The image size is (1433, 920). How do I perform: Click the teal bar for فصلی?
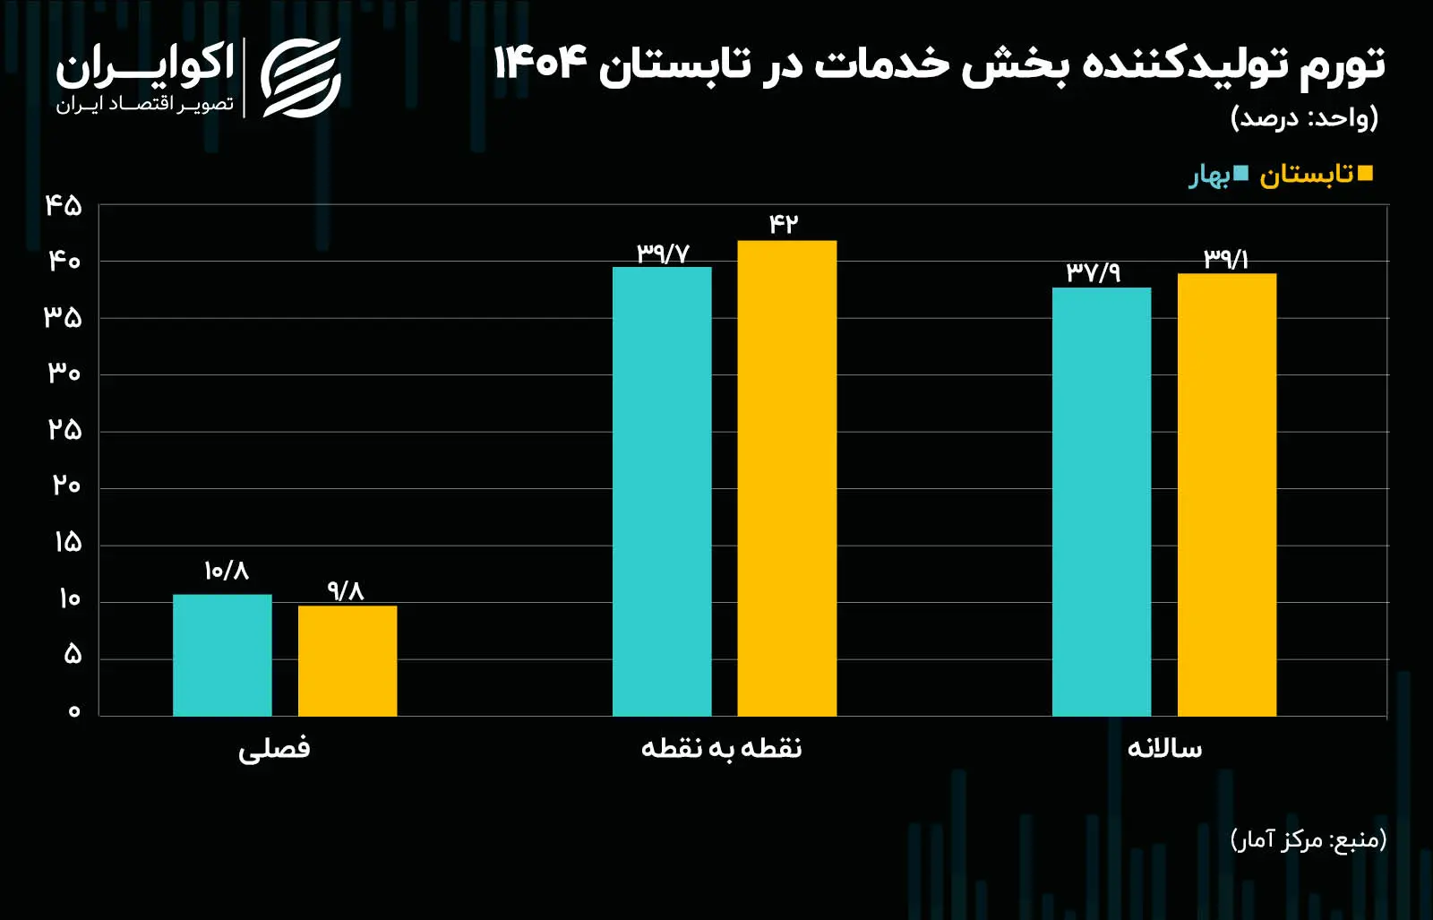click(222, 655)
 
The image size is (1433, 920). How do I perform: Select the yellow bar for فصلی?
click(348, 661)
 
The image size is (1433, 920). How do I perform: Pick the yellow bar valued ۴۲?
click(787, 478)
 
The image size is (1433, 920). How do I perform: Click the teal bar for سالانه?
click(1102, 502)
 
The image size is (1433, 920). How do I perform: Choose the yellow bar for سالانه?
click(1227, 494)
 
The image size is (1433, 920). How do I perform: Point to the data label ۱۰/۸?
click(226, 571)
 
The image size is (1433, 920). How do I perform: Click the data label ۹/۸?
click(346, 590)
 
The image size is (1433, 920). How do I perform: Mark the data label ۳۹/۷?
click(663, 254)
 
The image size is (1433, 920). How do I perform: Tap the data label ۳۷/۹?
click(1093, 272)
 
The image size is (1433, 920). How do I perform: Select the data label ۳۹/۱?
click(1226, 259)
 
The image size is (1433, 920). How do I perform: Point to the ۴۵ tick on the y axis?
click(64, 206)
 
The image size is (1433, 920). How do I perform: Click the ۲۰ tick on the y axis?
click(65, 486)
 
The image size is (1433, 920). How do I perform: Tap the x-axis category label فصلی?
click(274, 748)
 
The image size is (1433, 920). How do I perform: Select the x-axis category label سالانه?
click(1164, 748)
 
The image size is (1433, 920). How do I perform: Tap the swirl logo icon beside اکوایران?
click(301, 78)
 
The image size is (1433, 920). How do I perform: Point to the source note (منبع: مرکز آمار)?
click(1308, 839)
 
